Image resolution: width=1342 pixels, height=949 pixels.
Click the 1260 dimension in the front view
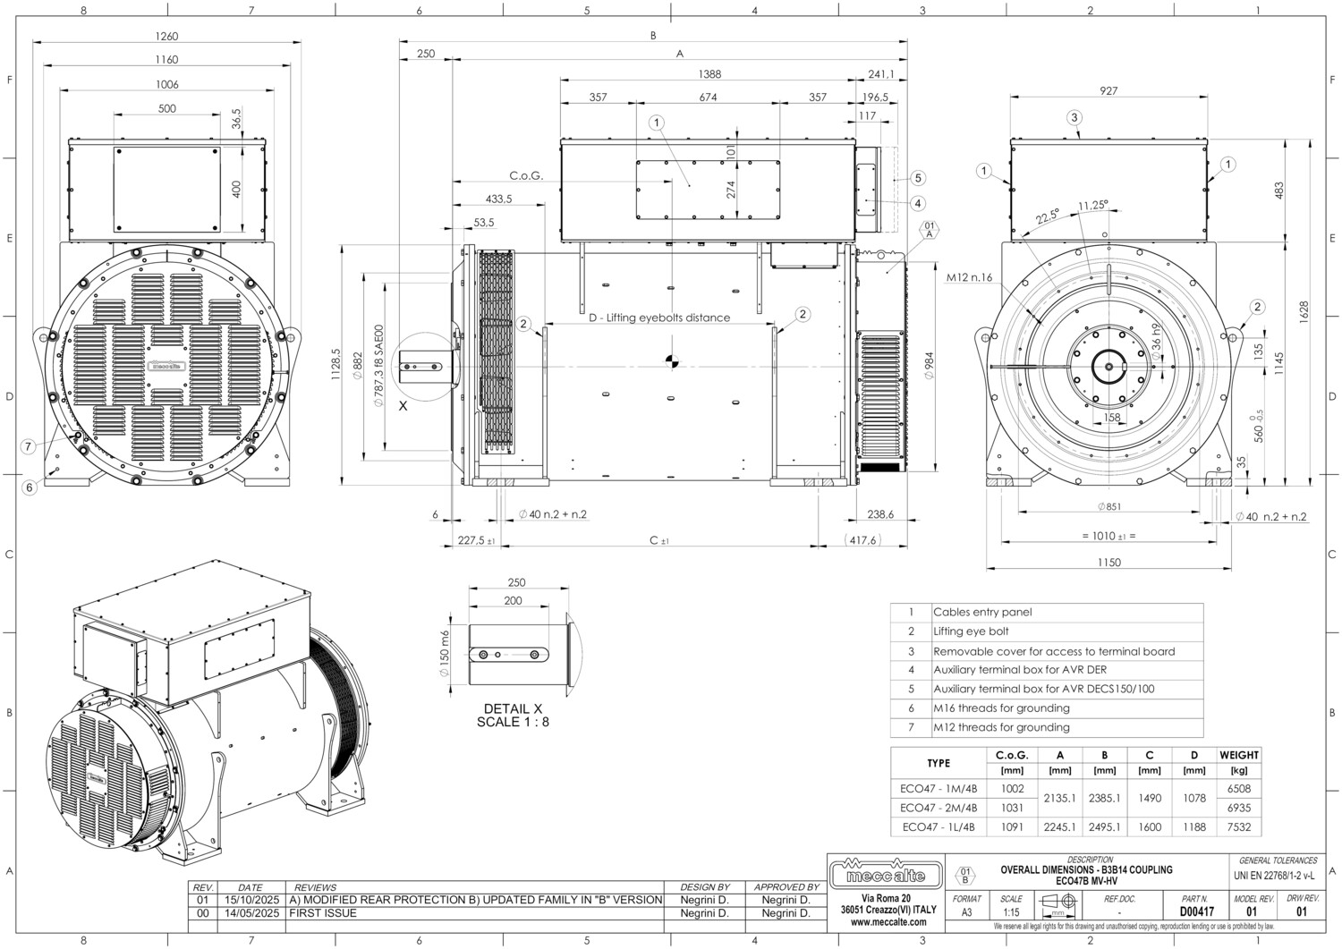coord(166,37)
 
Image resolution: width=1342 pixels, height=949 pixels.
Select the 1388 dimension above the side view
coord(709,74)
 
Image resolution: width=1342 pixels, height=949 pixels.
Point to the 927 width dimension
coord(1108,90)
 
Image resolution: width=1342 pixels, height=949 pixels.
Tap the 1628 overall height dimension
coord(1304,310)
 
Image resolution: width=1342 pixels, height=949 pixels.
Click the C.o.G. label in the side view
coord(526,175)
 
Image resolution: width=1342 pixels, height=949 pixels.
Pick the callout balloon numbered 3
coord(1074,117)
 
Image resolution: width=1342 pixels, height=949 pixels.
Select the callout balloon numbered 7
coord(29,446)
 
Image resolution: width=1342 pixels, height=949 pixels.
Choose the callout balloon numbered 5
coord(919,178)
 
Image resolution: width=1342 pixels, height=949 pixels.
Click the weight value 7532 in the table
coord(1239,827)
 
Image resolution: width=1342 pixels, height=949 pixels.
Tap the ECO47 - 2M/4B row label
coord(938,808)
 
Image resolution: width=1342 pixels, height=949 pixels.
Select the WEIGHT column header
coord(1239,755)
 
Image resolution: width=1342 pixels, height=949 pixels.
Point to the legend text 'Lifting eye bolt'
coord(971,631)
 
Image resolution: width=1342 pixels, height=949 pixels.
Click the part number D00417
coord(1196,912)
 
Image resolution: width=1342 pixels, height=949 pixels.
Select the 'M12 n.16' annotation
coord(969,277)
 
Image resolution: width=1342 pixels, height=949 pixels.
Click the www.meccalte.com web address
coord(888,922)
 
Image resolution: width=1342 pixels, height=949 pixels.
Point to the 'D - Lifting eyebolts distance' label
coord(658,318)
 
